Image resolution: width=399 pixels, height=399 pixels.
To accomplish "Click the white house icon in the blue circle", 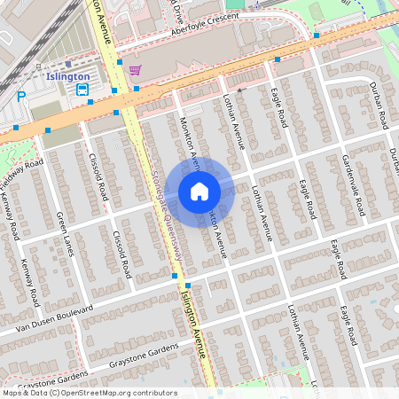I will coord(199,191).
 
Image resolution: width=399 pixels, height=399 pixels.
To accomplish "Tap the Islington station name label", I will coord(66,77).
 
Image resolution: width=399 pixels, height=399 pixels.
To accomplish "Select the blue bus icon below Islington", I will coord(82,90).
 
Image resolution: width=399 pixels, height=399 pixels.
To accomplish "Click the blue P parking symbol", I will coord(21,97).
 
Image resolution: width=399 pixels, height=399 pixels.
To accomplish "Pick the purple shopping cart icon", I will coord(134,70).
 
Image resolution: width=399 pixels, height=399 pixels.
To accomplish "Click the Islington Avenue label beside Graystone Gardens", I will coord(194,325).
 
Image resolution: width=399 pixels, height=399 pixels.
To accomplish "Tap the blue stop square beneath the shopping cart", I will coord(136,89).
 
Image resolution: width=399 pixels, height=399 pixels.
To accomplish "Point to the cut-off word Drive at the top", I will coord(180,7).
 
